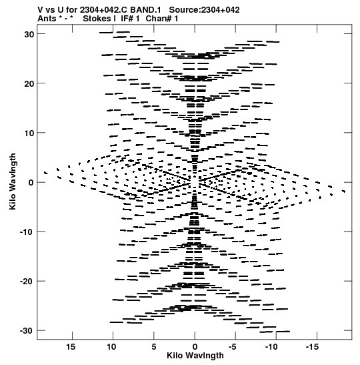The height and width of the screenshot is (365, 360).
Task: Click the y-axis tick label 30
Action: pos(29,34)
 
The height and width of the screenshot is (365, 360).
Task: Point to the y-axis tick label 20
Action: pos(29,84)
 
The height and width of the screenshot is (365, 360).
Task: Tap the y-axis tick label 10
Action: pos(29,133)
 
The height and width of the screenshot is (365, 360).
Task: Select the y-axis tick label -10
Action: pos(27,232)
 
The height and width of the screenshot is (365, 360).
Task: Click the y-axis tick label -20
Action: pos(27,282)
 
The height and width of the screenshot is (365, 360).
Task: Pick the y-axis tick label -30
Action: pos(27,331)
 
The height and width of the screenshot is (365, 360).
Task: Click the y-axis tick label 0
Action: pos(31,183)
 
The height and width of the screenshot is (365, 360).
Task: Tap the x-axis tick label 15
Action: pos(71,347)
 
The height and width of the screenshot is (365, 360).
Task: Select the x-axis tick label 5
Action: pos(154,347)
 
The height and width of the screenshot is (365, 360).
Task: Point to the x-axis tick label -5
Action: pos(233,347)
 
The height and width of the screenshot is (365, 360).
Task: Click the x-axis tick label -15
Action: pos(312,347)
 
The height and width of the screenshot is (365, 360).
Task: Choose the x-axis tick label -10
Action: pos(271,347)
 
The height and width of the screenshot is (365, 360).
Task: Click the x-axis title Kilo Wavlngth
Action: pos(195,356)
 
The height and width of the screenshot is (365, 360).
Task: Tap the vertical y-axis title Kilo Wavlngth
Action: pos(13,181)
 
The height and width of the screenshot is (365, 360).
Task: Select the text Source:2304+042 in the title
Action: pos(204,10)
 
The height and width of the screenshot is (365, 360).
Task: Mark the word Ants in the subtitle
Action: pos(47,19)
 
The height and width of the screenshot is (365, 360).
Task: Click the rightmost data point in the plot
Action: pos(344,192)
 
